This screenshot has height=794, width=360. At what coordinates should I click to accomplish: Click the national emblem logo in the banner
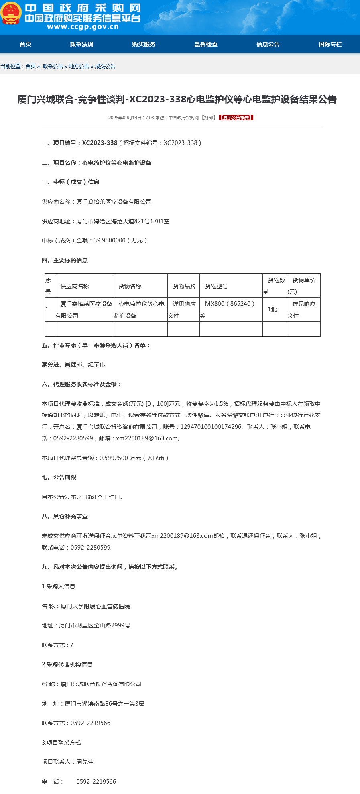(11, 14)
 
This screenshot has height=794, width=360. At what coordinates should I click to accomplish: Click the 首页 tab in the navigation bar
(25, 44)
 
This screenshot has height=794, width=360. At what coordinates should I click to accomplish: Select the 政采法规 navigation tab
(81, 44)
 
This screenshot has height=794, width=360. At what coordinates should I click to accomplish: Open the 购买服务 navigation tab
(144, 44)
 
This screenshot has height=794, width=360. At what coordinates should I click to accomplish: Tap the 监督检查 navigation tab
(206, 44)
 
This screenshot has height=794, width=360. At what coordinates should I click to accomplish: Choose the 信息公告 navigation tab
(268, 44)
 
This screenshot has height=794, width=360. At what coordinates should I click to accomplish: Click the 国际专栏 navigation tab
(330, 44)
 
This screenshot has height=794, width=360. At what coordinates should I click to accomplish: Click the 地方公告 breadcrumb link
(79, 66)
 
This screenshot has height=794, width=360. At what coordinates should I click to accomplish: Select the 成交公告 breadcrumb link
(105, 66)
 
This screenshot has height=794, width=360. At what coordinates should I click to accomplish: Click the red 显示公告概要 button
(236, 118)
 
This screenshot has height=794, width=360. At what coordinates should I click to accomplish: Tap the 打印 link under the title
(209, 118)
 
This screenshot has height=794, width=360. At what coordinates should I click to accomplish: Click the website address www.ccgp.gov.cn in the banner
(83, 27)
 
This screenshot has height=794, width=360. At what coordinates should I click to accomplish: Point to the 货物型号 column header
(216, 286)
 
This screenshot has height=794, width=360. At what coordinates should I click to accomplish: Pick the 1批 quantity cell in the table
(273, 309)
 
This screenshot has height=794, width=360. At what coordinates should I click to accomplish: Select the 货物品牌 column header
(184, 286)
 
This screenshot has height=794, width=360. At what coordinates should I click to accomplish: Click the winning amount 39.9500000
(110, 240)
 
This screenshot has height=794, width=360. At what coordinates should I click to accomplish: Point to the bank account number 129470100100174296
(211, 427)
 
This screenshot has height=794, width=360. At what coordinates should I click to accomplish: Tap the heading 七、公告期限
(59, 477)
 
